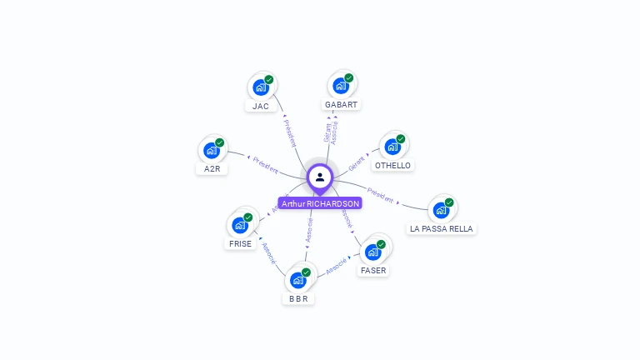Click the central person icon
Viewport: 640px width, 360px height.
click(x=320, y=177)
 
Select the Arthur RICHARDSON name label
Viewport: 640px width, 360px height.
click(x=320, y=203)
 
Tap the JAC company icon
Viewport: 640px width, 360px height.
click(x=261, y=87)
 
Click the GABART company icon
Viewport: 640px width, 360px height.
click(x=341, y=85)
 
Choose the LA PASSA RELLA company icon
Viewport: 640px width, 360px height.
click(x=441, y=209)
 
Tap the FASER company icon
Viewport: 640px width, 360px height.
click(x=373, y=251)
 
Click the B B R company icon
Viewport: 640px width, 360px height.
click(x=298, y=279)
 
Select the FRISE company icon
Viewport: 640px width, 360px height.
click(x=240, y=224)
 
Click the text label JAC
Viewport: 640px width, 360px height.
click(x=261, y=107)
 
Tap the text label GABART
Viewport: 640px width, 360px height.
click(x=341, y=105)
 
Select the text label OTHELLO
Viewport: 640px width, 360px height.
click(x=392, y=166)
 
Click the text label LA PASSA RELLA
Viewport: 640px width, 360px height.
click(x=441, y=228)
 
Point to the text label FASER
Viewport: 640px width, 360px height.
click(x=373, y=271)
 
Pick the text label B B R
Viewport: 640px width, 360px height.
click(x=298, y=298)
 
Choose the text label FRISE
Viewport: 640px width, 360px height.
click(x=240, y=244)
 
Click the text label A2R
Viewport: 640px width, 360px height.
click(x=212, y=169)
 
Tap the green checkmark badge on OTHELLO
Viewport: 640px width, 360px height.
click(x=401, y=139)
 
